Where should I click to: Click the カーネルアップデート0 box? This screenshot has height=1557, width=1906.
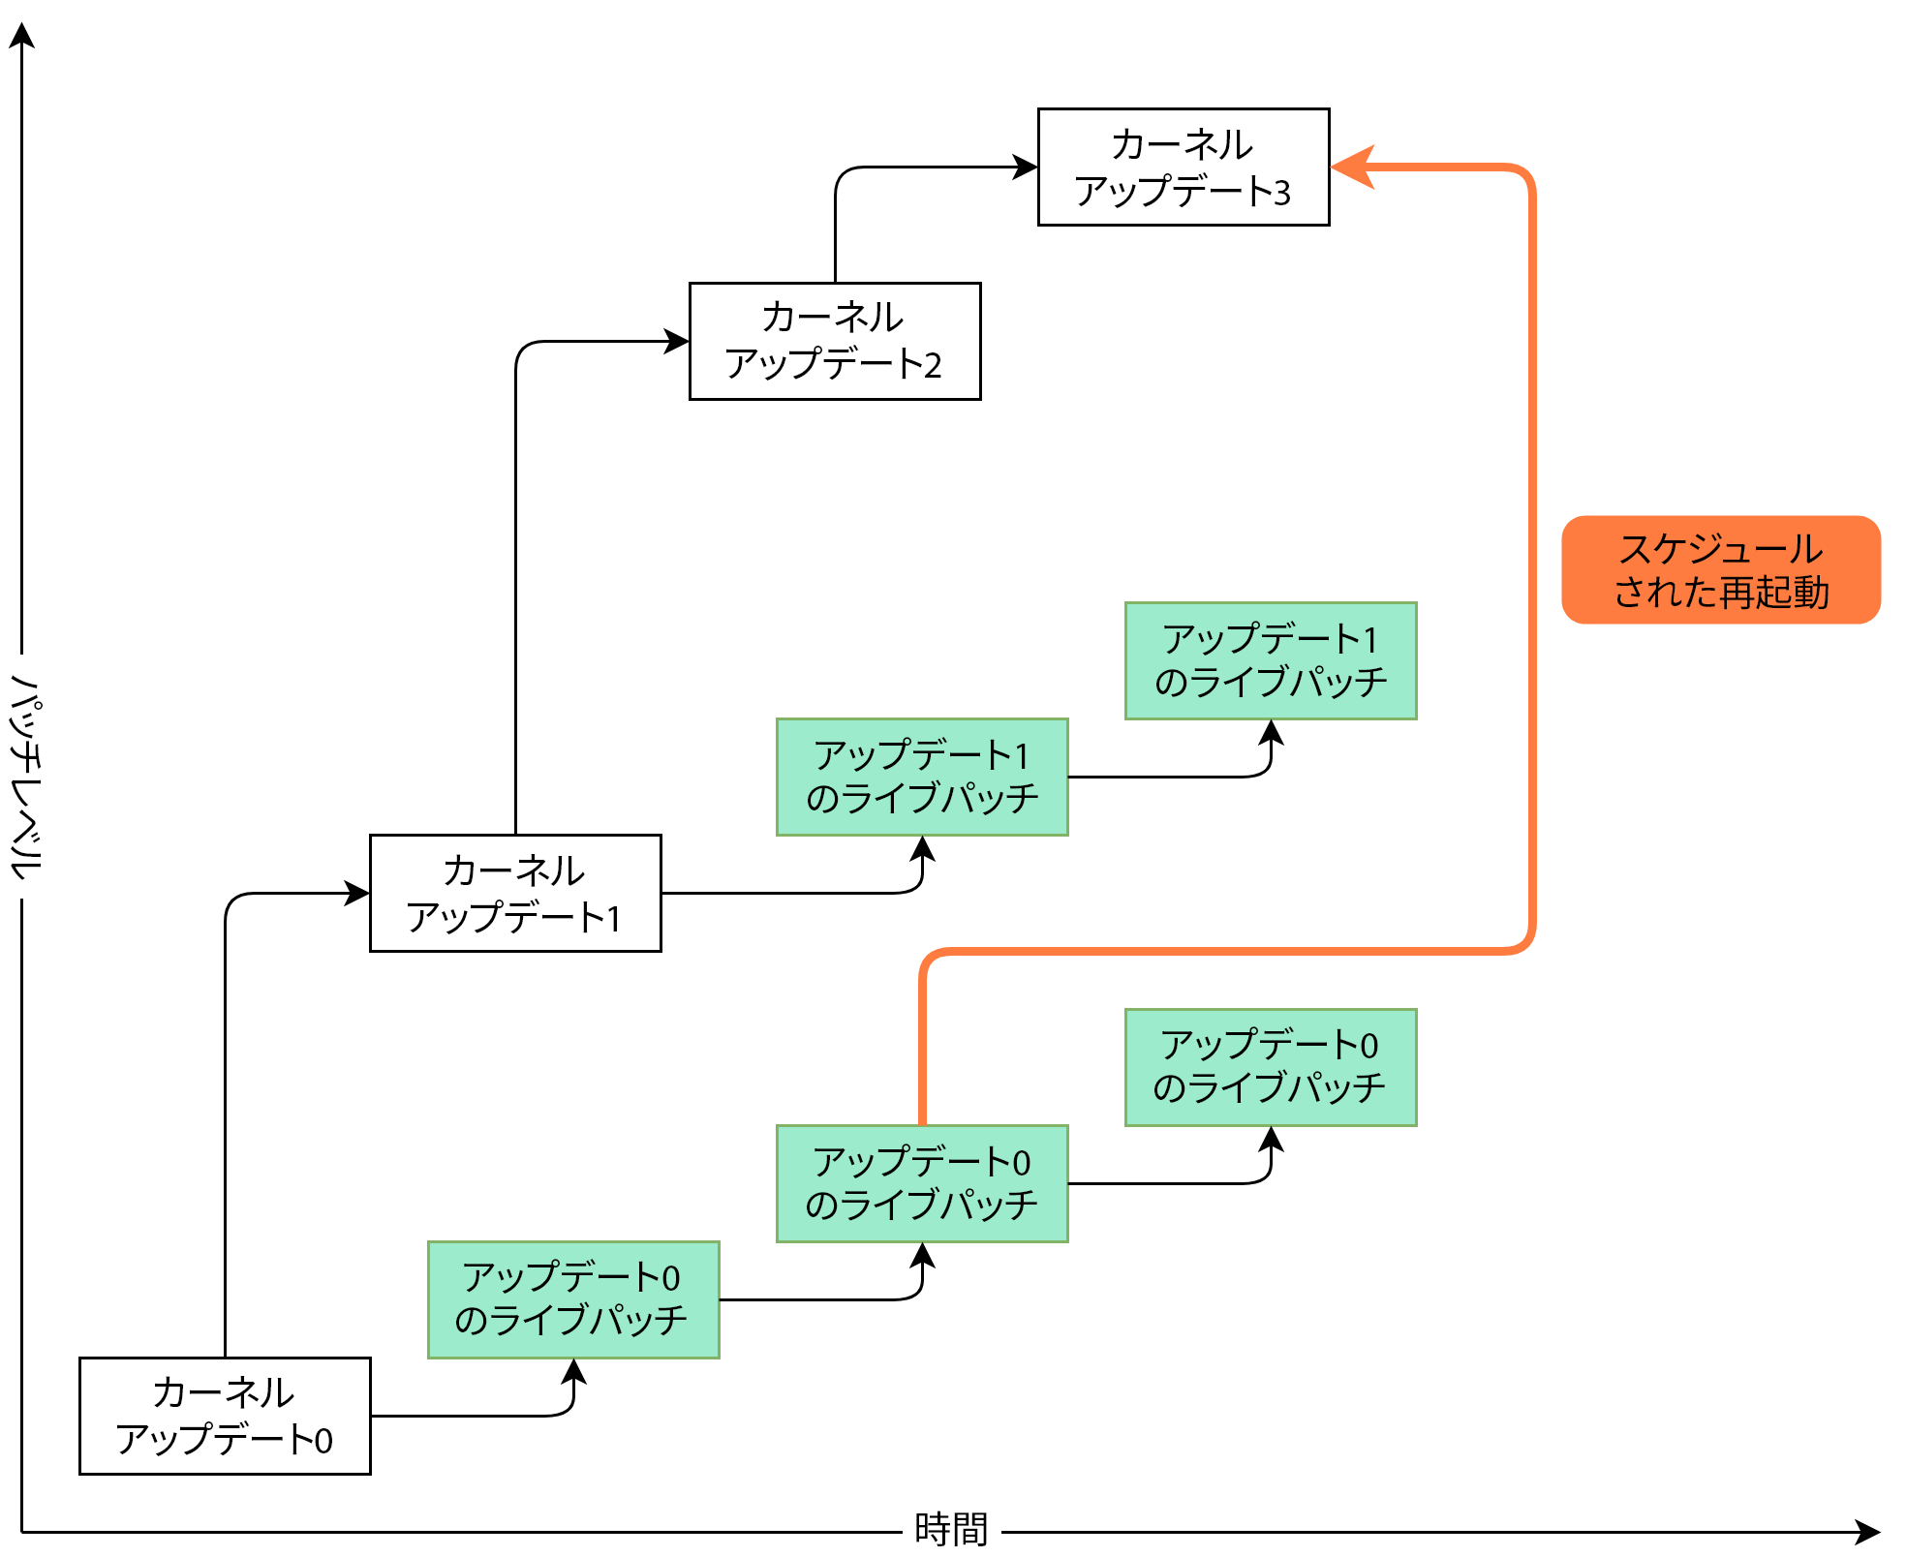225,1416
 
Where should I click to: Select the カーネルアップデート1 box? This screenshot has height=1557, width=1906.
515,893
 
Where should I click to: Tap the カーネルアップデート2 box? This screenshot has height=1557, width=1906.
835,341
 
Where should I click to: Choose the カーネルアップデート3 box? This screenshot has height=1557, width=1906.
1184,167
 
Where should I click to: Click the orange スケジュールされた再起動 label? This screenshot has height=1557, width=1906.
1721,570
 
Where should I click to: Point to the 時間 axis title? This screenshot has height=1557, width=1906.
951,1529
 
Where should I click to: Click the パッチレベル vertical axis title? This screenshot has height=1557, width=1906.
27,777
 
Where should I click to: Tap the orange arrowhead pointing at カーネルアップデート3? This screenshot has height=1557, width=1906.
1354,167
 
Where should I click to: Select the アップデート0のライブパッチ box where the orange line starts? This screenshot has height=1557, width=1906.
922,1183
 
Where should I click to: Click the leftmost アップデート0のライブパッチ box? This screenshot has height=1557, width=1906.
573,1299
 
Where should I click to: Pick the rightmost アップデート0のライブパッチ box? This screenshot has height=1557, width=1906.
1271,1067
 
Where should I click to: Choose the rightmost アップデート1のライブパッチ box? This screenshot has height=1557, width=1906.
1271,660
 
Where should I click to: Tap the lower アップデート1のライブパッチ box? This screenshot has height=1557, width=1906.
922,777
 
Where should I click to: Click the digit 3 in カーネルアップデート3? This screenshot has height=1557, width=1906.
1282,193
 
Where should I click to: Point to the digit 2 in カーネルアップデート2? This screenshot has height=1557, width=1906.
933,366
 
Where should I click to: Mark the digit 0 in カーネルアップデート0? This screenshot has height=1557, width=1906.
323,1442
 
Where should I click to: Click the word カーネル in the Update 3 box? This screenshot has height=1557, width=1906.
1182,144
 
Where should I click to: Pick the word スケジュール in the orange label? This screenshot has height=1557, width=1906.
1721,549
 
